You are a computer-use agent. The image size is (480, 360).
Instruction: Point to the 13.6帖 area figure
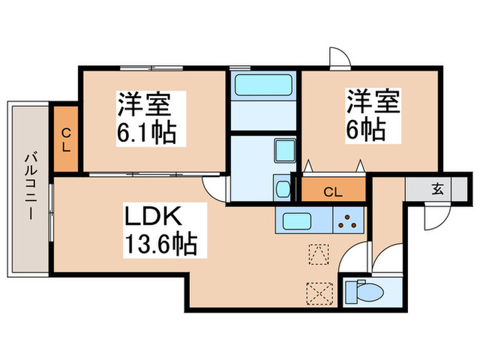tap(161, 243)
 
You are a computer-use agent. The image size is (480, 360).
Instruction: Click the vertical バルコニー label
tap(29, 187)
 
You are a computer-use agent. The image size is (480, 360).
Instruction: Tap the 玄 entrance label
tap(436, 189)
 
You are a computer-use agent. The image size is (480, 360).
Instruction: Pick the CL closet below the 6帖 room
tap(333, 191)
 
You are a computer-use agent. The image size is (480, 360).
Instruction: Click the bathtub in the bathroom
tap(263, 86)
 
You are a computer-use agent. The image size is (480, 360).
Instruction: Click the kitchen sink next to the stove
tap(302, 221)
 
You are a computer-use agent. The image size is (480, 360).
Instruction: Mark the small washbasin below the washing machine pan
tap(282, 187)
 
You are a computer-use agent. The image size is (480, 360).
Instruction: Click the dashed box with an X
tap(320, 291)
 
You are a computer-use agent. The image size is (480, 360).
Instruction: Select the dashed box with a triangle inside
tap(319, 254)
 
